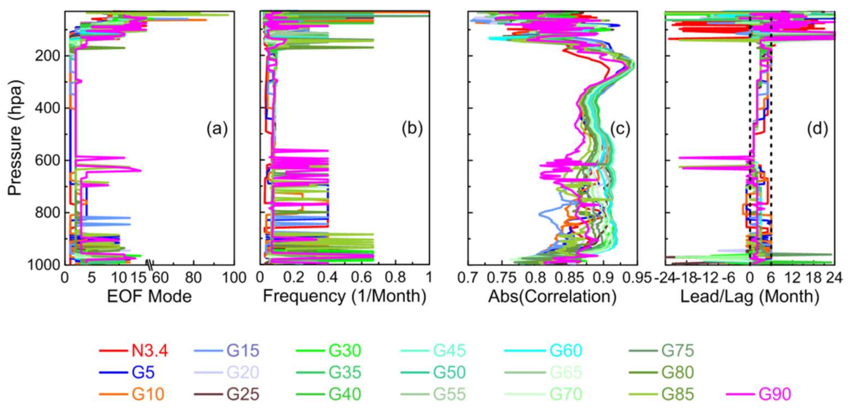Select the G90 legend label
point(774,394)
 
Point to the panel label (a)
point(217,129)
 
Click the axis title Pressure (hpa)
point(15,138)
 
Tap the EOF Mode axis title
point(149,296)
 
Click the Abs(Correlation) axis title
point(552,296)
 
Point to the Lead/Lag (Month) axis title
point(749,296)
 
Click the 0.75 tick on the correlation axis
point(502,278)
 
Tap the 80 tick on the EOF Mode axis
point(193,278)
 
